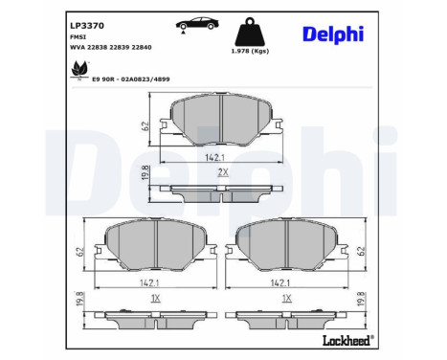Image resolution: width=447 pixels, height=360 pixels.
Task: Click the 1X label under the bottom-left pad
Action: click(153, 299)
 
